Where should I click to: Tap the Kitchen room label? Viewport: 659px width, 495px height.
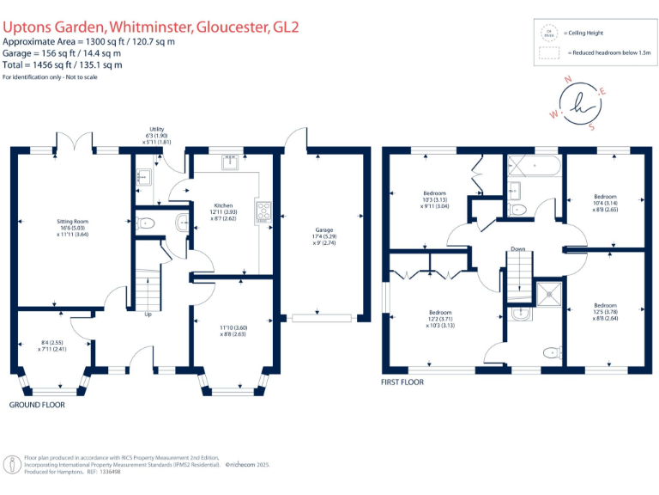[223, 206]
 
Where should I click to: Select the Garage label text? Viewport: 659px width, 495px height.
[323, 230]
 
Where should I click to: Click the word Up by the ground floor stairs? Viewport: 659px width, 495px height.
[148, 315]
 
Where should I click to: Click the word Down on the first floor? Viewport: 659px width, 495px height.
[517, 249]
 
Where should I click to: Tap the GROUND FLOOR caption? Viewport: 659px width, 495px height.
[37, 404]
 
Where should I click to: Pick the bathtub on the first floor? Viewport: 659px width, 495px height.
[533, 164]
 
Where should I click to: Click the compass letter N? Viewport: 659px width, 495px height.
[567, 78]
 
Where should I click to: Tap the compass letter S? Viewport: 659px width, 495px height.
[591, 125]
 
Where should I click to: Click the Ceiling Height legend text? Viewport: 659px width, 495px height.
[584, 33]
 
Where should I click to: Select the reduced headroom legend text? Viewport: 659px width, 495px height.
[609, 53]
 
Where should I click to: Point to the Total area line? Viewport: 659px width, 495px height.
[62, 64]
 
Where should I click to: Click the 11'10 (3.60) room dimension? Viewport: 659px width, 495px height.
[233, 327]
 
